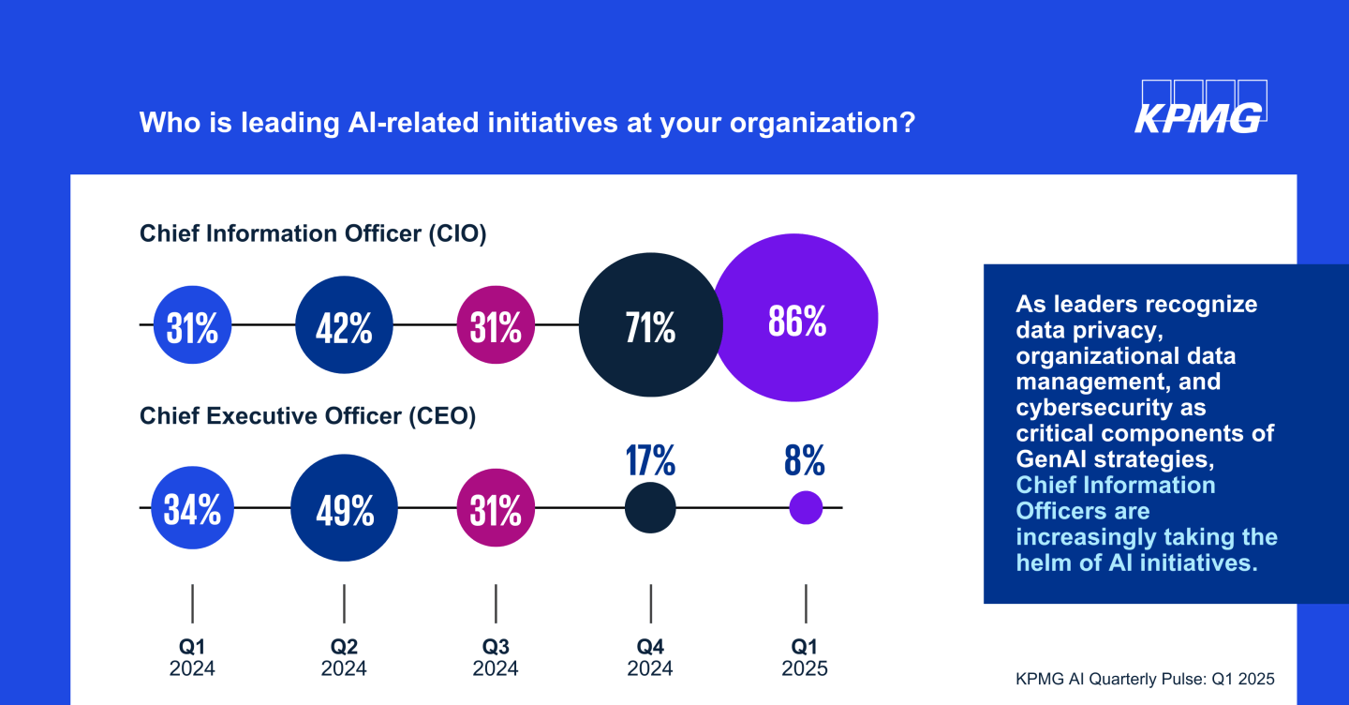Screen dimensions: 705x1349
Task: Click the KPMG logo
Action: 1200,107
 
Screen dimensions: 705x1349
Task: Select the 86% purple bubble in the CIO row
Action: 796,320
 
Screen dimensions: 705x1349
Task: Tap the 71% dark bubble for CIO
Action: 651,326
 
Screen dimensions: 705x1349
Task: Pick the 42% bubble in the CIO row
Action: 344,325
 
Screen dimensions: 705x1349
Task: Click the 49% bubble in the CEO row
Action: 345,508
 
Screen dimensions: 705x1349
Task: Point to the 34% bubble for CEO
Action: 192,508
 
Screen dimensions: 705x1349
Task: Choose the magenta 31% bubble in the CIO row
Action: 496,325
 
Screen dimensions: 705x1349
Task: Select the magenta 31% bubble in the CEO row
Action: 496,508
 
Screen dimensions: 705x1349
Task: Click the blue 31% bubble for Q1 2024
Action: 192,325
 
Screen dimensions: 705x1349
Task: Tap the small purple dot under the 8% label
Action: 806,508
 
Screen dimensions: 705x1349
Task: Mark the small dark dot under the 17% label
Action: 650,508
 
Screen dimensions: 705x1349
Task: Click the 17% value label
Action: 650,460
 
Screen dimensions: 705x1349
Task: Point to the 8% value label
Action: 806,460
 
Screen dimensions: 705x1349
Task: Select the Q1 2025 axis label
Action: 806,657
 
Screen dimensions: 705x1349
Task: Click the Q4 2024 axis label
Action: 650,657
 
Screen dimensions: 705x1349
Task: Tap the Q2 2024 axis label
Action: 344,657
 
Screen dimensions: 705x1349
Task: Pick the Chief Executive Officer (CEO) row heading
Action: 307,416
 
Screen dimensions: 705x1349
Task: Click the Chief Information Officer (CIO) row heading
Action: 313,233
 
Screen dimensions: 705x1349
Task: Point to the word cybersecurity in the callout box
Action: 1111,407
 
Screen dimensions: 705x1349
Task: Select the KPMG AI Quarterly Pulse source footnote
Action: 1145,678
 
